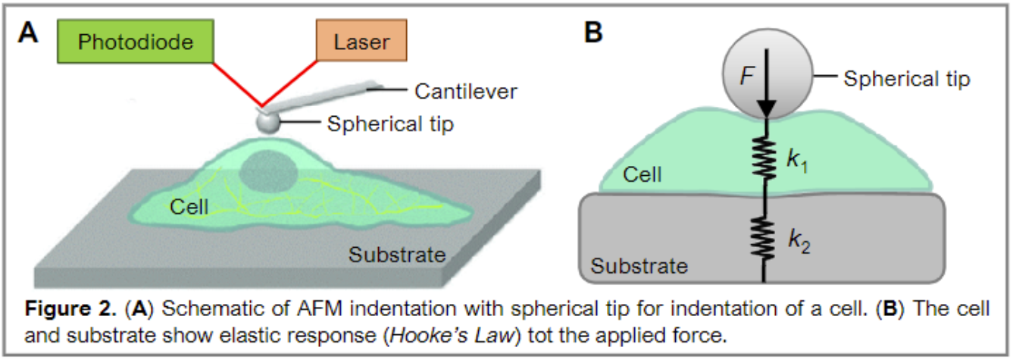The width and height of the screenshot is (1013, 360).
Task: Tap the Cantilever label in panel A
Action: (465, 92)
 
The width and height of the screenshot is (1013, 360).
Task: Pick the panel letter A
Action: (30, 33)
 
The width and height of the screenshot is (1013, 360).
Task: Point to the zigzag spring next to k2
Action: (764, 237)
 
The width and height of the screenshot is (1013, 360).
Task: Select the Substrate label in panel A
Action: (396, 254)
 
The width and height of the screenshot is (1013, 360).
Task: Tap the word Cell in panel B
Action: (643, 175)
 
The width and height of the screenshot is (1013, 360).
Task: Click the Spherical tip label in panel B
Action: (906, 78)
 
